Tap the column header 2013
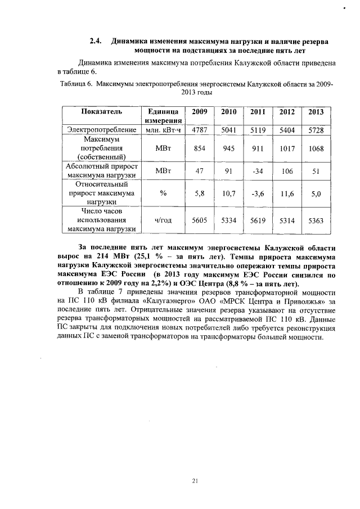(316, 112)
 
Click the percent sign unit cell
(163, 193)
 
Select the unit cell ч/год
(163, 220)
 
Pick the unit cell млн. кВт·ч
(163, 130)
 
